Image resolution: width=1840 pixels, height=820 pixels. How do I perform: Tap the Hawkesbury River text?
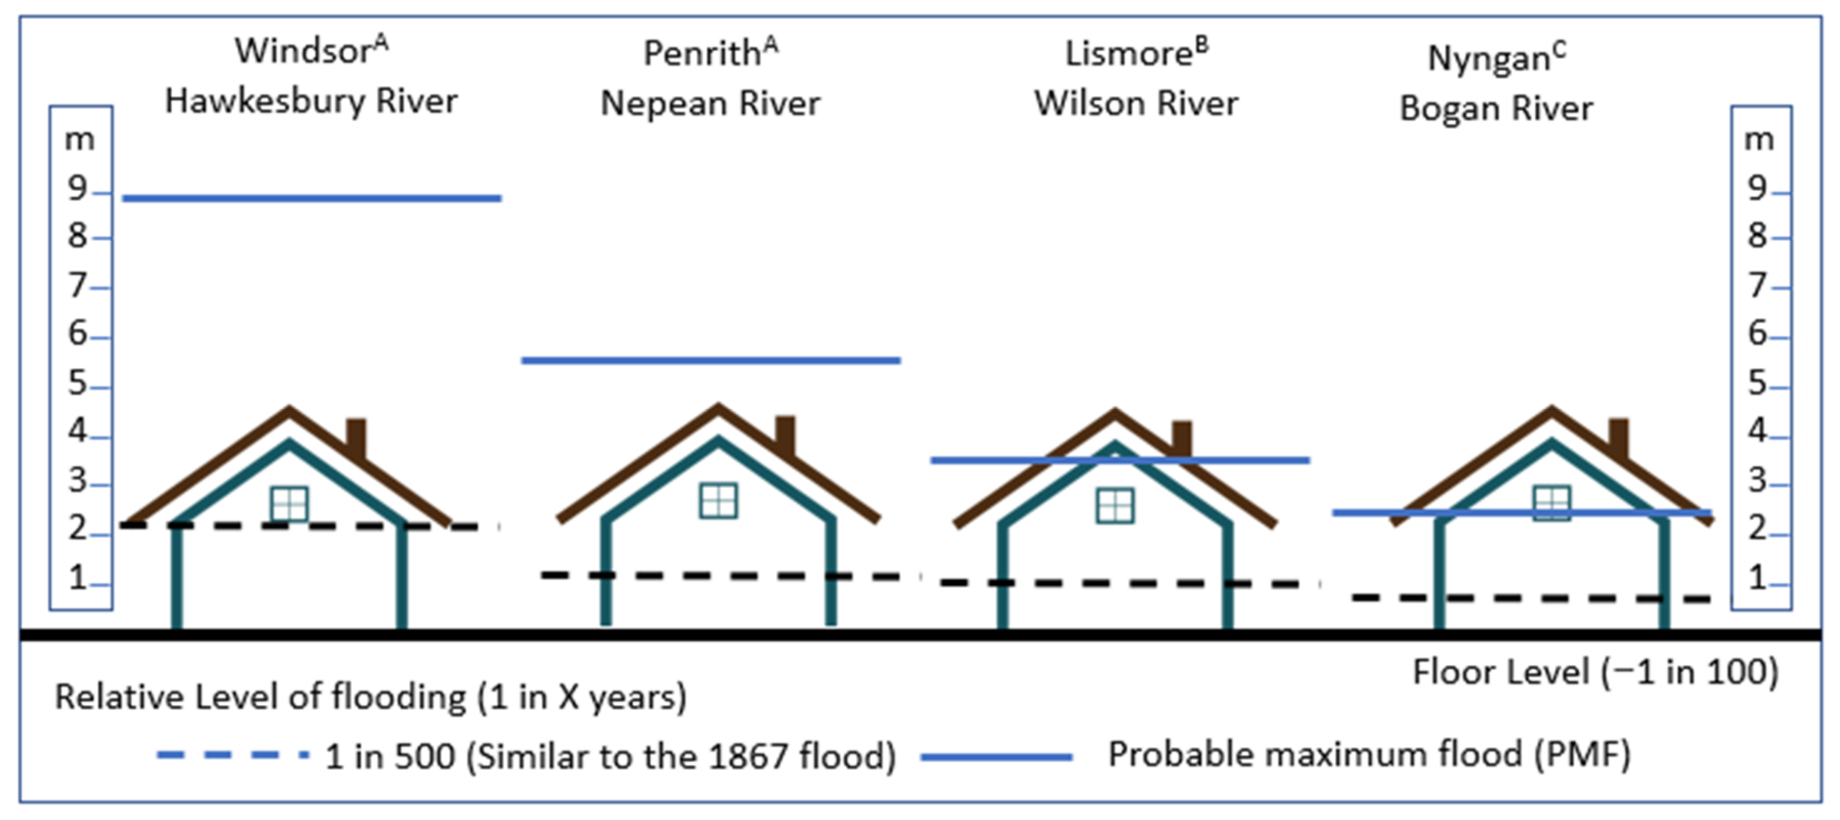click(312, 101)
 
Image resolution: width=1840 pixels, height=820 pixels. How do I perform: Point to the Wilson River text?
click(1136, 104)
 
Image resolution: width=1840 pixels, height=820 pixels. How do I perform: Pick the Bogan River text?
click(1496, 109)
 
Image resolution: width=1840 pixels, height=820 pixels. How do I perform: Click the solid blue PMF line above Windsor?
click(312, 198)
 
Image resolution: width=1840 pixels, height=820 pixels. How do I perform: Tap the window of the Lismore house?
click(1114, 506)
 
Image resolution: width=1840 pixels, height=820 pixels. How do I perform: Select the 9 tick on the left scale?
click(77, 189)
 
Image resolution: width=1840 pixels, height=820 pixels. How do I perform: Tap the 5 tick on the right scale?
click(1757, 385)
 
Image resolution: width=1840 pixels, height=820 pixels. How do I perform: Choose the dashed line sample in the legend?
click(233, 755)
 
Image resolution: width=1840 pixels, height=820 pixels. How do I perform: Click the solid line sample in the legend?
click(997, 756)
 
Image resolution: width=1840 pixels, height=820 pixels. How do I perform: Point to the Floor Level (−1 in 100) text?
click(1595, 672)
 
